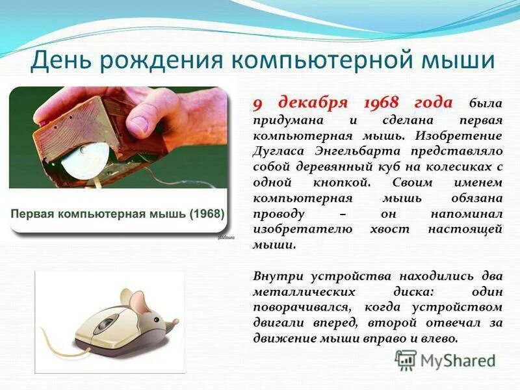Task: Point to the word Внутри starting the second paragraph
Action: pos(274,276)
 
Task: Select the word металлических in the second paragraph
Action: pos(292,291)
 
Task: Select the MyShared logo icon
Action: pos(406,359)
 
